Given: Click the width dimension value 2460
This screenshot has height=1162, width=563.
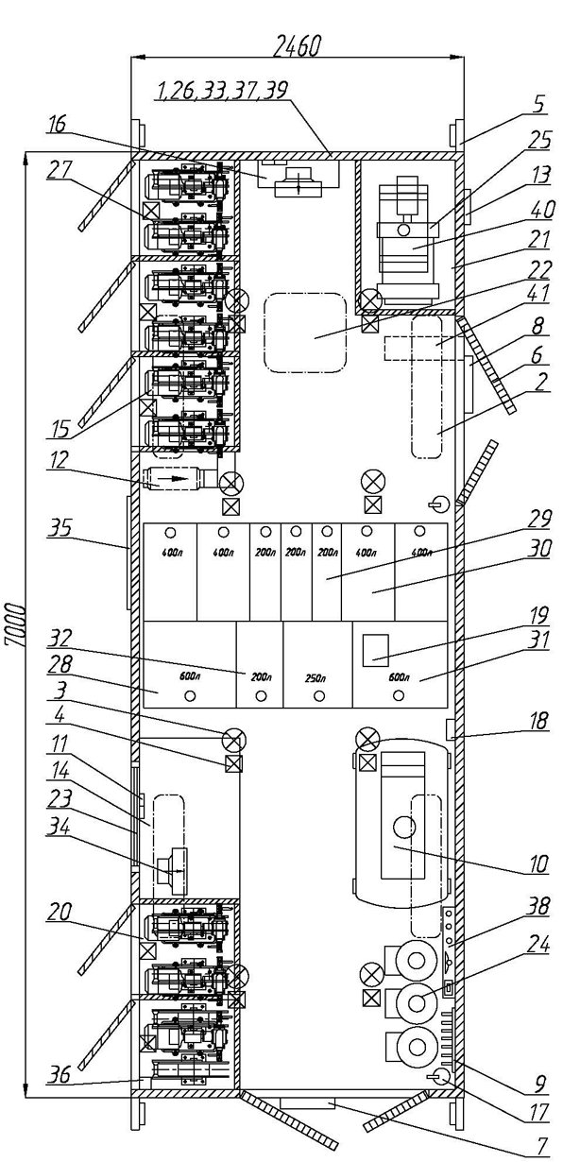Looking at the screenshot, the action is tap(297, 46).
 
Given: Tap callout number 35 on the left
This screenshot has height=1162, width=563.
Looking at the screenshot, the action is tap(60, 529).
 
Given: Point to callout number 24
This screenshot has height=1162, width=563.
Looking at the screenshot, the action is tap(537, 946).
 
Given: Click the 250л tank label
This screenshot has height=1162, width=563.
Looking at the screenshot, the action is tap(315, 678).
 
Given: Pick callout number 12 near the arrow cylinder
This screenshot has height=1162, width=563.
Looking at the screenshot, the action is tap(60, 461).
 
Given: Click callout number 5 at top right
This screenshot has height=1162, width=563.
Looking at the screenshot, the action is tap(540, 104).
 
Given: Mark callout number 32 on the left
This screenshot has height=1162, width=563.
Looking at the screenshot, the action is tap(60, 639).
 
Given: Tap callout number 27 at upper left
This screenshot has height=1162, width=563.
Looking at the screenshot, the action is tap(59, 169).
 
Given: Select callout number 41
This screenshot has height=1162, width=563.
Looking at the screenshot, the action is tap(538, 295).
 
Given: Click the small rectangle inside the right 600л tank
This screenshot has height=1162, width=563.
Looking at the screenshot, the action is tap(376, 649).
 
